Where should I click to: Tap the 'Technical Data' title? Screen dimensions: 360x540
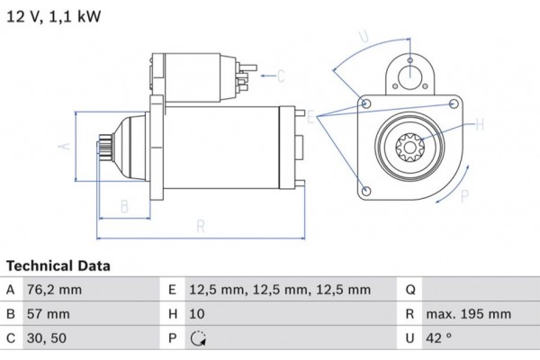[58, 266]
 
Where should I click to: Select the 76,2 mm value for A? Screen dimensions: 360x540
[54, 290]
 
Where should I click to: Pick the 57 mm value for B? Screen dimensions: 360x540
[47, 315]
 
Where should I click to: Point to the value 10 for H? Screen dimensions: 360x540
[197, 315]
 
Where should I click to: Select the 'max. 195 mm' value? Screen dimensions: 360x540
[469, 315]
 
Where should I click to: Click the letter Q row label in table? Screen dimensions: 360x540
[409, 290]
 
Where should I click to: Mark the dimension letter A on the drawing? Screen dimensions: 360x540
[64, 145]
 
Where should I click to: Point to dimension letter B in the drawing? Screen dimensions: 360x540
[124, 206]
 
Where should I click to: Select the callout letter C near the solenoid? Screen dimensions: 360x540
[280, 75]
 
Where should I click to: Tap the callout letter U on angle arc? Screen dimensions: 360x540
[364, 38]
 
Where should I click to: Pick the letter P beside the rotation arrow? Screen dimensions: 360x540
[464, 193]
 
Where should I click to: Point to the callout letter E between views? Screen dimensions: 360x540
[311, 118]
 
